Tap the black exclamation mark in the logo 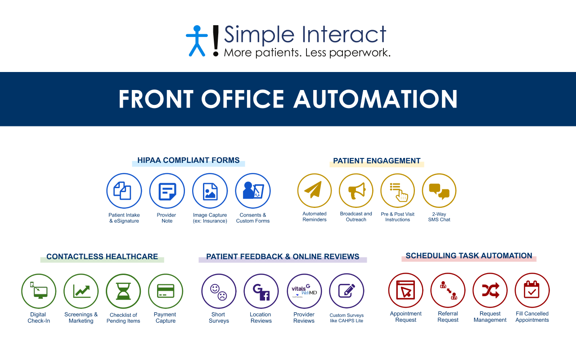pyautogui.click(x=216, y=40)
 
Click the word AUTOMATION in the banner pyautogui.click(x=375, y=99)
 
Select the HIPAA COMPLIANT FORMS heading pyautogui.click(x=188, y=160)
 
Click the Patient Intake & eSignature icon pyautogui.click(x=124, y=191)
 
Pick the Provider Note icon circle pyautogui.click(x=167, y=191)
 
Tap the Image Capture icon pyautogui.click(x=210, y=191)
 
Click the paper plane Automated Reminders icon pyautogui.click(x=315, y=190)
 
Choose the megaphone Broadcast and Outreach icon pyautogui.click(x=356, y=190)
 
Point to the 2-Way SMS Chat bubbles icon pyautogui.click(x=439, y=190)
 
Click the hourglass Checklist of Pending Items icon pyautogui.click(x=123, y=291)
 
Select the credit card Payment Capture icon pyautogui.click(x=166, y=291)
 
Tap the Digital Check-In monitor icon pyautogui.click(x=39, y=291)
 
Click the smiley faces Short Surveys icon pyautogui.click(x=219, y=291)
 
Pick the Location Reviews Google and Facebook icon pyautogui.click(x=261, y=291)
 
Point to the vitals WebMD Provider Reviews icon pyautogui.click(x=305, y=291)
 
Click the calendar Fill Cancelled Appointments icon pyautogui.click(x=532, y=290)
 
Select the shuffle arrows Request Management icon pyautogui.click(x=490, y=290)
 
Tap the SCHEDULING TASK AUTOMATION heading pyautogui.click(x=469, y=256)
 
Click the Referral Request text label pyautogui.click(x=448, y=317)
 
